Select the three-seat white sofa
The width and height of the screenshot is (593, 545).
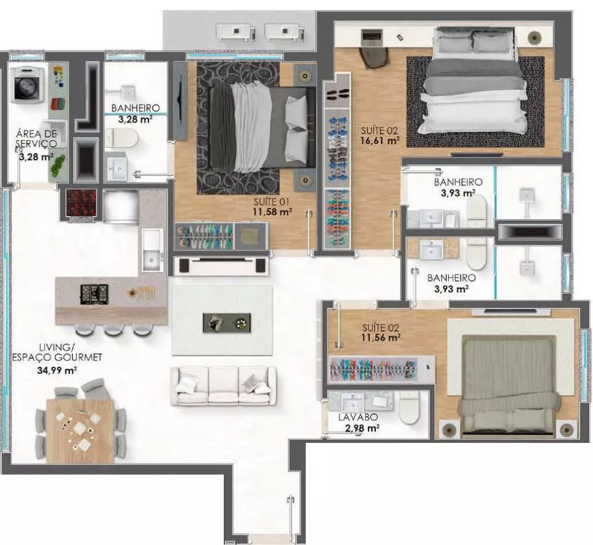(224, 386)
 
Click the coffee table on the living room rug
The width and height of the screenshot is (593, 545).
(227, 322)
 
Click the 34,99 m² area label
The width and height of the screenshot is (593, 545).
(57, 370)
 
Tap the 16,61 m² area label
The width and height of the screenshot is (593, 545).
(380, 141)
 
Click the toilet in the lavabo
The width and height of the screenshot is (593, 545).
(409, 407)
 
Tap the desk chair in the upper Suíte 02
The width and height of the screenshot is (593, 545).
(373, 57)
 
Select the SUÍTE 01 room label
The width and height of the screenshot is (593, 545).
(271, 202)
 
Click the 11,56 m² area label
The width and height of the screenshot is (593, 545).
(381, 337)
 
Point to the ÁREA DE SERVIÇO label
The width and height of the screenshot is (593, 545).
(36, 138)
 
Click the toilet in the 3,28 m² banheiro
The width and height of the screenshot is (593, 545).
(121, 138)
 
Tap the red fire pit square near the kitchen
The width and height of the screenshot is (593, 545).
(81, 202)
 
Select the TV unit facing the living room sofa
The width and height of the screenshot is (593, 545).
(221, 265)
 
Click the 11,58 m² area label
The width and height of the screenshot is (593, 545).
(272, 212)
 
